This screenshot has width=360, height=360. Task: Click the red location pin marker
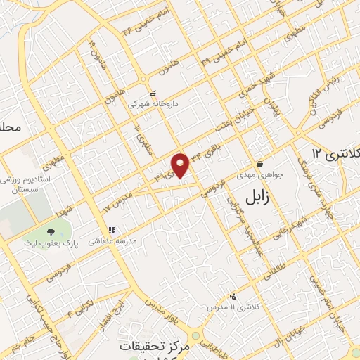coord(181,165)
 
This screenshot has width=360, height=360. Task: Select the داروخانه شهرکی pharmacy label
coord(153,103)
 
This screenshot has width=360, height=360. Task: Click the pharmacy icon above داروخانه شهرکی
coord(153,92)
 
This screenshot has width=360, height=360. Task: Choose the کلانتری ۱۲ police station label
coord(335,153)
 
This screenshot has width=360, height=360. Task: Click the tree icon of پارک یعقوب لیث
coord(51,232)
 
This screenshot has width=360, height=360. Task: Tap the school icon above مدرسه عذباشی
coord(110,230)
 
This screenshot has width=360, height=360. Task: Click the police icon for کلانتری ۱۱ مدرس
coord(233,296)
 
